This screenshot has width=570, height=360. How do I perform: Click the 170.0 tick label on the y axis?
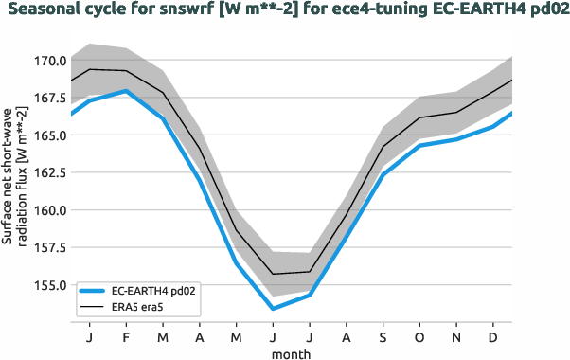(x=48, y=61)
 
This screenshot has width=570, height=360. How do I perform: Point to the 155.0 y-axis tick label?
(x=48, y=285)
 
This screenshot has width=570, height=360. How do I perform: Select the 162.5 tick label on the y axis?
(x=48, y=172)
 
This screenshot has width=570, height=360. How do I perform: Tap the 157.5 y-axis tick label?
(x=48, y=247)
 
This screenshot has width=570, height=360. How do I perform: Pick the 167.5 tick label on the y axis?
(x=48, y=98)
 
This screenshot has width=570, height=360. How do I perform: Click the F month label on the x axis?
(x=126, y=337)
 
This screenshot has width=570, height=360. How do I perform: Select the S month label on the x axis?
(x=383, y=337)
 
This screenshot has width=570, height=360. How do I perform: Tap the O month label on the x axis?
(x=420, y=337)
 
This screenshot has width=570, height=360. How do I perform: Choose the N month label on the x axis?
(x=457, y=337)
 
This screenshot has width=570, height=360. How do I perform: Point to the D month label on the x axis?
(x=494, y=337)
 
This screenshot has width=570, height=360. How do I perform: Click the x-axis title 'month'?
(x=291, y=352)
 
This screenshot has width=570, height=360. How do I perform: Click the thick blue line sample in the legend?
(x=94, y=292)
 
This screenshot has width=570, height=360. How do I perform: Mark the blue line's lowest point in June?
(x=273, y=309)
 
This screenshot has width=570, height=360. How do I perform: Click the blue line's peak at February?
(x=126, y=91)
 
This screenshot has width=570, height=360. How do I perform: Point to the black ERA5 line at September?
(x=383, y=147)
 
